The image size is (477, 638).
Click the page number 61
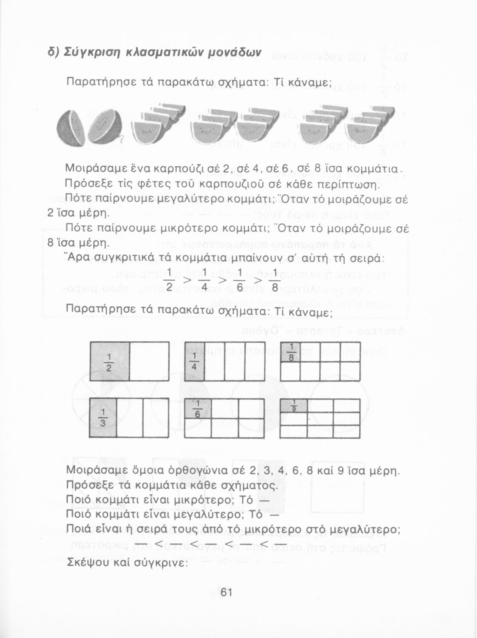[226, 592]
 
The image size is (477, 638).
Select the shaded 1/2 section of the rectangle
[109, 362]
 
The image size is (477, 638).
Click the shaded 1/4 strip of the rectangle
[194, 362]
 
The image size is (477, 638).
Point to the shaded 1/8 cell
[290, 352]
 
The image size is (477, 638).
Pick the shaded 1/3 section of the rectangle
[103, 418]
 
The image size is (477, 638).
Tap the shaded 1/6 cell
[198, 408]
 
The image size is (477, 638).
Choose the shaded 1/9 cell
[293, 406]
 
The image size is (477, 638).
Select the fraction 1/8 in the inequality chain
[275, 281]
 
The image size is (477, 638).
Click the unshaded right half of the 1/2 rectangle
[149, 362]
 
